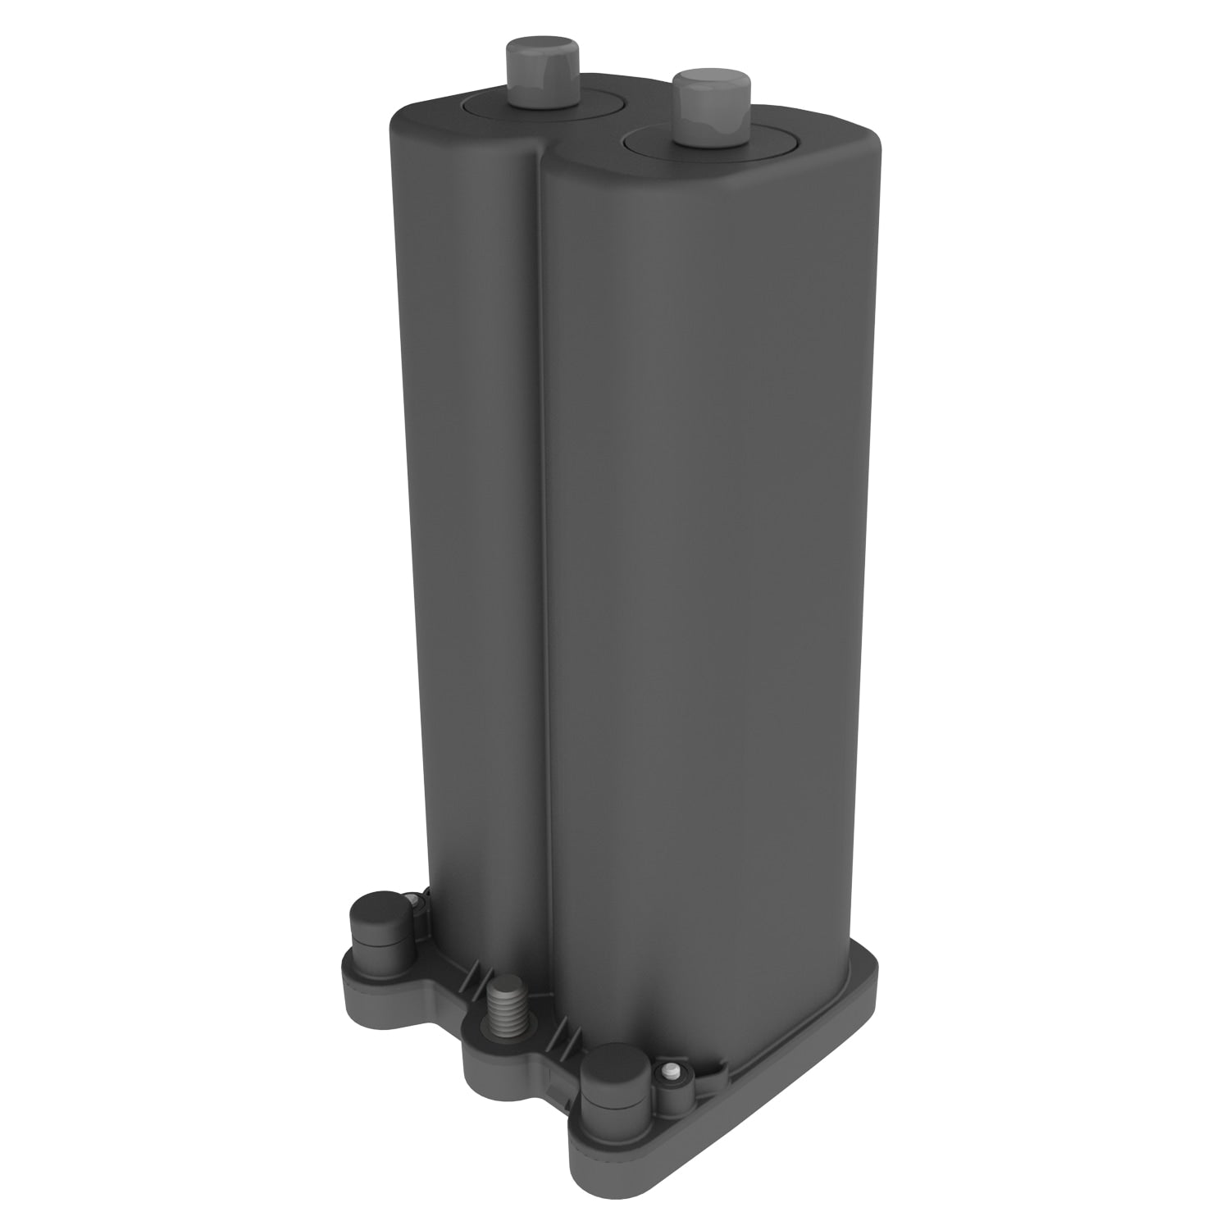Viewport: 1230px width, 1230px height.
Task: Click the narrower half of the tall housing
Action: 463,533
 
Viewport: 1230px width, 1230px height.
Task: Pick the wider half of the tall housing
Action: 705,574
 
